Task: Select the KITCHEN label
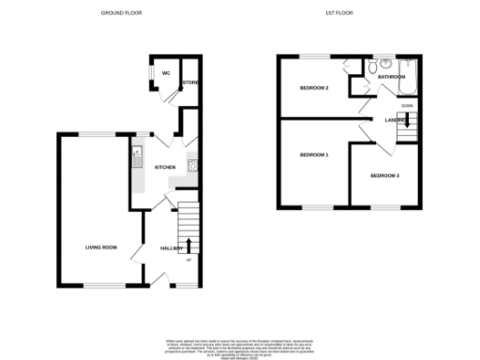click(166, 167)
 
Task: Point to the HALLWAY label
click(171, 247)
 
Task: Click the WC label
click(165, 72)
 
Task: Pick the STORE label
click(190, 83)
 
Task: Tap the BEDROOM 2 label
click(313, 88)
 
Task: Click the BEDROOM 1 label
click(313, 154)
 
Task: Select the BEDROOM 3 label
click(383, 175)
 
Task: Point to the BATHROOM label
click(391, 77)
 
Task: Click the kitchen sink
click(136, 156)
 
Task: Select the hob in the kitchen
click(192, 166)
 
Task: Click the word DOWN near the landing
click(406, 106)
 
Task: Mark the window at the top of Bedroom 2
click(314, 56)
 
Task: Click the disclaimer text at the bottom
click(240, 345)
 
